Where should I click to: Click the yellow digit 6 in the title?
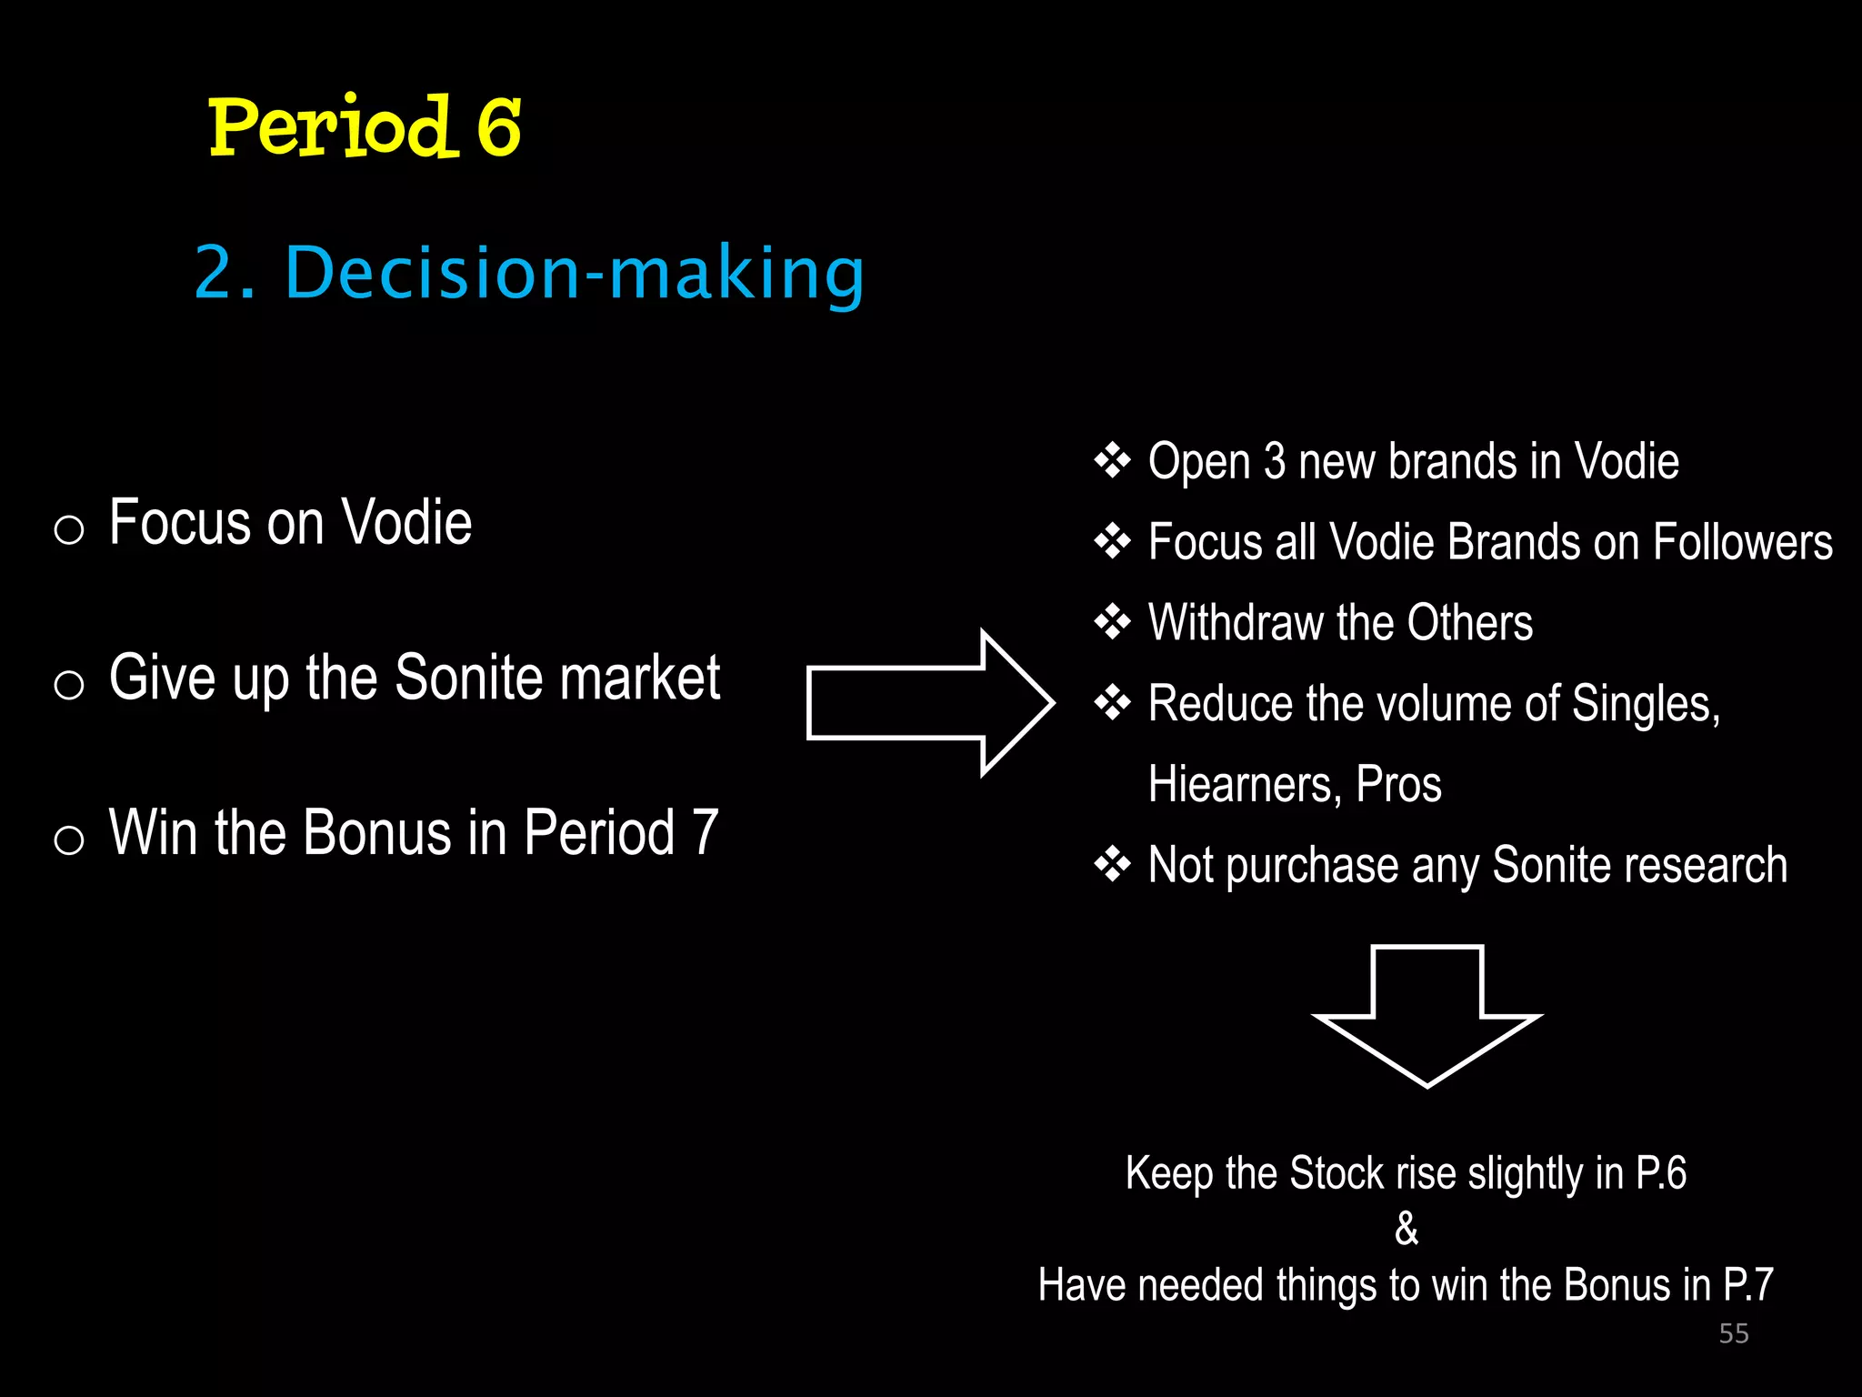coord(498,127)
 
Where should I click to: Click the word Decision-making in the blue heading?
coord(575,273)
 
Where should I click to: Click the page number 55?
coord(1734,1333)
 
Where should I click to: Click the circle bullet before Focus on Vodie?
coord(69,529)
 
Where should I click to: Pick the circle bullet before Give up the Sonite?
coord(69,684)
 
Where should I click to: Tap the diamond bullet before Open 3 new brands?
coord(1112,461)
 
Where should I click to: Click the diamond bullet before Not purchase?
coord(1112,864)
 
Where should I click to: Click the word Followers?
coord(1742,542)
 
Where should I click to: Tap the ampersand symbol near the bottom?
coord(1406,1229)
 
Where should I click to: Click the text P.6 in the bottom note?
coord(1660,1173)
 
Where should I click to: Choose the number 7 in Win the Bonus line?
coord(705,832)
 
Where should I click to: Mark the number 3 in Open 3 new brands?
coord(1275,461)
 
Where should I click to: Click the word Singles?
coord(1645,704)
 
